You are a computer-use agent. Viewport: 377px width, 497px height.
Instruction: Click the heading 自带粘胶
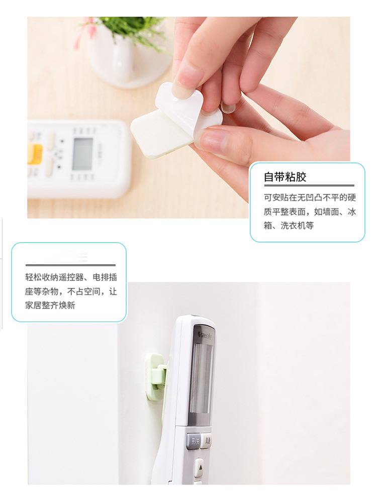pyautogui.click(x=285, y=177)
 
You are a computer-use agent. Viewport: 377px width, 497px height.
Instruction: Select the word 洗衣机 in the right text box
pyautogui.click(x=297, y=226)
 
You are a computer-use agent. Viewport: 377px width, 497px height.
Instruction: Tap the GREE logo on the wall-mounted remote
pyautogui.click(x=205, y=333)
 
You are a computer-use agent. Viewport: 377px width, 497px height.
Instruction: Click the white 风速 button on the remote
pyautogui.click(x=207, y=440)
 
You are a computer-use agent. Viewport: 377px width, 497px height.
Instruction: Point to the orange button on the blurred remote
pyautogui.click(x=34, y=153)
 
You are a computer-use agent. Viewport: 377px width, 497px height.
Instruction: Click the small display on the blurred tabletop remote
pyautogui.click(x=82, y=153)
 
